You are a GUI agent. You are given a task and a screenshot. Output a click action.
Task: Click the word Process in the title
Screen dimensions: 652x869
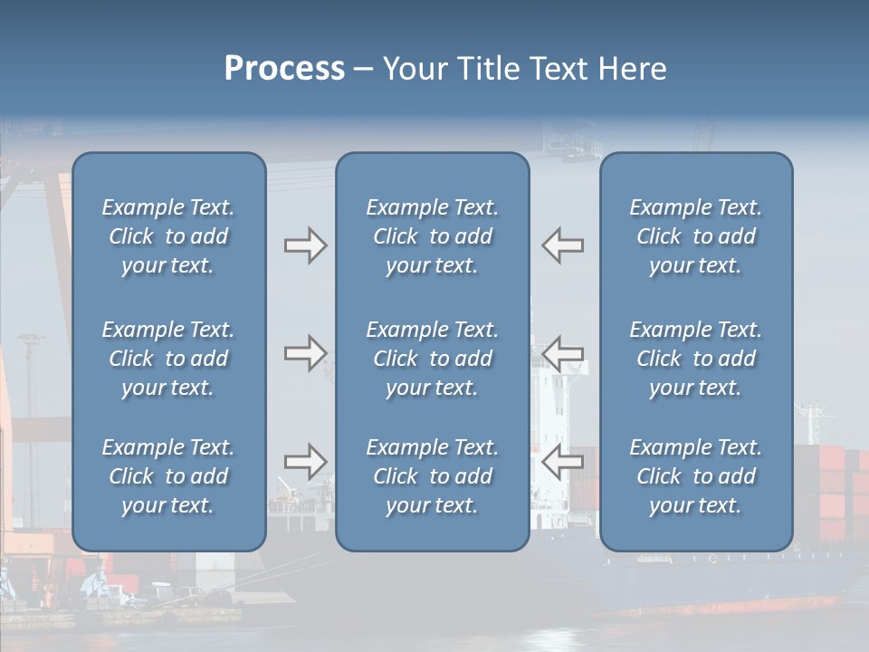click(x=284, y=69)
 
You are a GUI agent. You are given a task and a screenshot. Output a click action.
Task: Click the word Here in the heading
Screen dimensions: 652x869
click(x=633, y=69)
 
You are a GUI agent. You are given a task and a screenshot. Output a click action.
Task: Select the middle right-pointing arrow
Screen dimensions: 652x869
click(x=305, y=353)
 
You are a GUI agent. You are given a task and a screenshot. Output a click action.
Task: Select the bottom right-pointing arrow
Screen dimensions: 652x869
click(x=305, y=462)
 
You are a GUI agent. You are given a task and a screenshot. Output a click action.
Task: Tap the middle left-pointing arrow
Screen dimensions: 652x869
click(x=562, y=353)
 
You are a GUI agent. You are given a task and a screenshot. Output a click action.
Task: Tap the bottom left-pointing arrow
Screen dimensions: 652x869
click(x=562, y=462)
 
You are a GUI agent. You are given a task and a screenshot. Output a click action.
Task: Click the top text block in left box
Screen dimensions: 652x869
click(x=168, y=236)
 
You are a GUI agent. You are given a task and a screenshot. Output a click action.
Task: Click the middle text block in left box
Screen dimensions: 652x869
click(x=168, y=359)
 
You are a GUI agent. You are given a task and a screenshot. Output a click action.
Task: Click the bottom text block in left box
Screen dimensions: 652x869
click(x=168, y=476)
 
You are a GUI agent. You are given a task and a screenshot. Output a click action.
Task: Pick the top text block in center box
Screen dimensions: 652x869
click(x=433, y=236)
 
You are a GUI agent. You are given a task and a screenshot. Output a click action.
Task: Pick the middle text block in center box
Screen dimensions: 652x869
click(x=433, y=359)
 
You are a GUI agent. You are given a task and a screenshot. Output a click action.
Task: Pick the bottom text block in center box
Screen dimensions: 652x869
click(x=433, y=476)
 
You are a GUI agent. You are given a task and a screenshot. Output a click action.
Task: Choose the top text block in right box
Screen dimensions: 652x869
click(x=696, y=236)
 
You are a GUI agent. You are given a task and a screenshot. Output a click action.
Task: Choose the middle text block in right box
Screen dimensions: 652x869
click(x=696, y=359)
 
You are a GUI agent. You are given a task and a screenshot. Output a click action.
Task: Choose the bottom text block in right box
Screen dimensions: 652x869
click(x=696, y=476)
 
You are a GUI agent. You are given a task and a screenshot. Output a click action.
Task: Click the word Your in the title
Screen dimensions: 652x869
click(x=417, y=69)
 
